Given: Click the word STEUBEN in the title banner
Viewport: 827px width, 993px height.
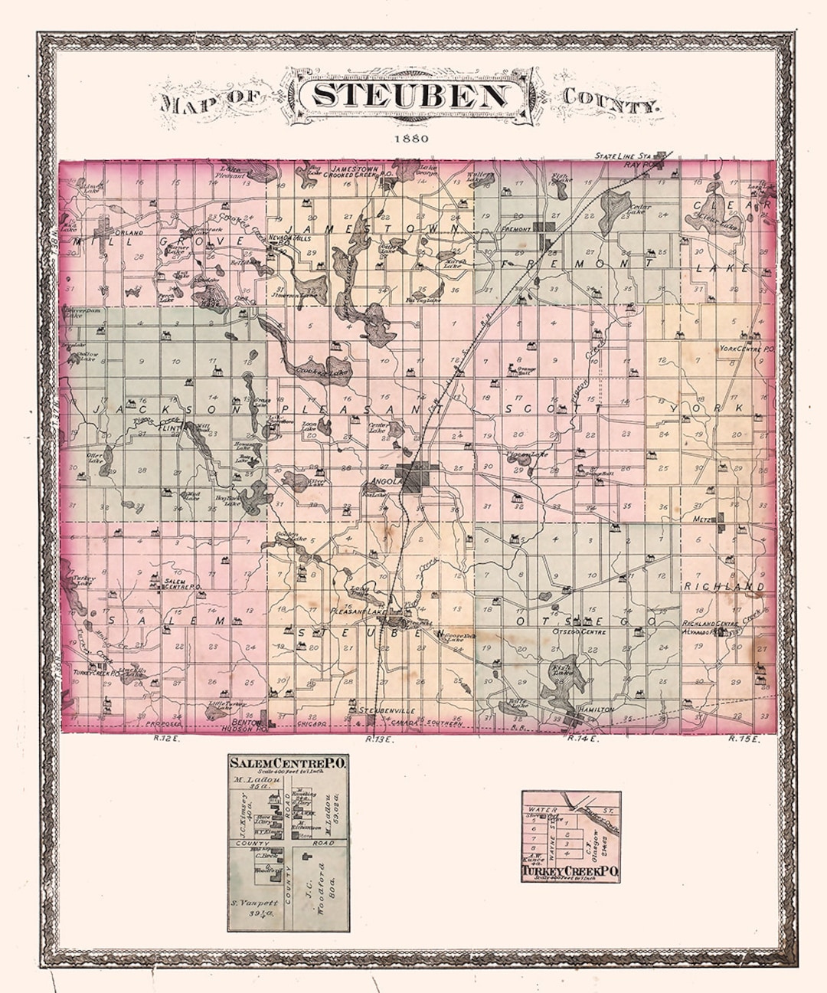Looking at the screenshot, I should coord(410,97).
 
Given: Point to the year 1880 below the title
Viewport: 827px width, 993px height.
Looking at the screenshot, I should coord(411,139).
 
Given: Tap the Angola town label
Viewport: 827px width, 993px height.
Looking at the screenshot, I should coord(385,481).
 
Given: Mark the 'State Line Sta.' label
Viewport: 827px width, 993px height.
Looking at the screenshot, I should coord(621,156).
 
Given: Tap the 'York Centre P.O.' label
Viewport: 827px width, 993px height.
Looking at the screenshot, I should coord(747,349).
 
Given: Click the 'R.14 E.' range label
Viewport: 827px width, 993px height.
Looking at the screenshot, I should coord(582,739).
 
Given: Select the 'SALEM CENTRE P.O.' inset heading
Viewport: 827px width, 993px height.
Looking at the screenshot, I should coord(289,762).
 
